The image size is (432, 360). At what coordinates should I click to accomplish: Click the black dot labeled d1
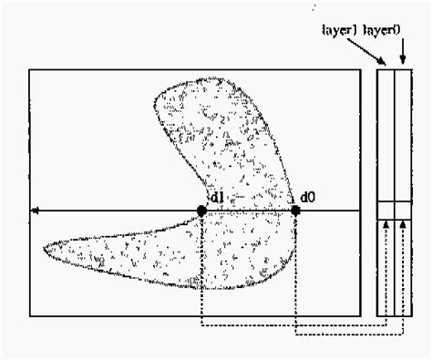point(201,211)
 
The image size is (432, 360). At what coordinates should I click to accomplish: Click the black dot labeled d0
point(295,211)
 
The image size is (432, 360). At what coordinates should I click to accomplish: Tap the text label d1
point(218,197)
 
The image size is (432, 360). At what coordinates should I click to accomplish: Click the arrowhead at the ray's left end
point(35,211)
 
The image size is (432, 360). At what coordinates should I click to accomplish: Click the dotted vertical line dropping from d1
point(201,273)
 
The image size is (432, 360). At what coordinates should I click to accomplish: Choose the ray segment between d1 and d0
point(248,211)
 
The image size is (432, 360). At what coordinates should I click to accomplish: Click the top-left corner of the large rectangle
point(30,71)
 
